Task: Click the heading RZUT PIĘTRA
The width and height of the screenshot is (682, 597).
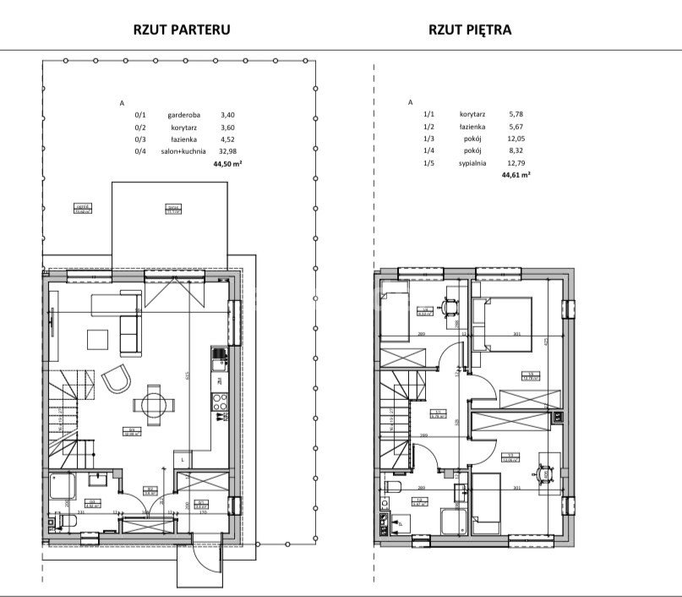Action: [470, 30]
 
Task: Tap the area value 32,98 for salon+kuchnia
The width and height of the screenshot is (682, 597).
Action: [228, 153]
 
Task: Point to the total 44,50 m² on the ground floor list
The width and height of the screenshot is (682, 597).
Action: [228, 167]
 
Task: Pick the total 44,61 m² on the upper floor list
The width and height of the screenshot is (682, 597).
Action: [516, 175]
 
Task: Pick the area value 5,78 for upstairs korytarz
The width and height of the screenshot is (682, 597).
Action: [516, 113]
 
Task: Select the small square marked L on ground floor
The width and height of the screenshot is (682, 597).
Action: [184, 459]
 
